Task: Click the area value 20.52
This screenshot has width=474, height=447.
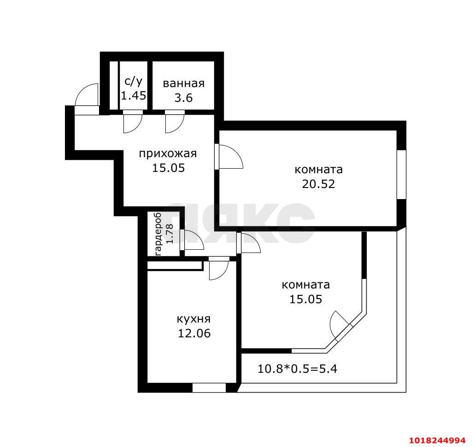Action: (x=319, y=184)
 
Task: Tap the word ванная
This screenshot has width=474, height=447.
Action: (x=183, y=83)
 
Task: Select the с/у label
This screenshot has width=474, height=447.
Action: (x=133, y=82)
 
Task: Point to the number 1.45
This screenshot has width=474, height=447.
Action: (x=134, y=95)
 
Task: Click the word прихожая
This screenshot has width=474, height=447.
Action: (x=168, y=154)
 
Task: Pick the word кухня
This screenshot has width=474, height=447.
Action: (x=193, y=319)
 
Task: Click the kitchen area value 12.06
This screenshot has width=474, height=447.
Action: (x=194, y=333)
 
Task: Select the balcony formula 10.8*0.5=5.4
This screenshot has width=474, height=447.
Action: (x=297, y=369)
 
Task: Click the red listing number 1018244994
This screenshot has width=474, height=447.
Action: (x=437, y=440)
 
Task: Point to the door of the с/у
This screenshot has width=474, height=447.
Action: (x=132, y=122)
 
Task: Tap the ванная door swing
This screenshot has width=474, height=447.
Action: (x=175, y=122)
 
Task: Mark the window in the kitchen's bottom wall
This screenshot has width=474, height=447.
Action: (x=209, y=388)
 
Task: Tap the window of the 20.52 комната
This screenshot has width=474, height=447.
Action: (x=401, y=174)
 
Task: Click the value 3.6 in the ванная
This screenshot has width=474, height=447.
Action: (x=183, y=98)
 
